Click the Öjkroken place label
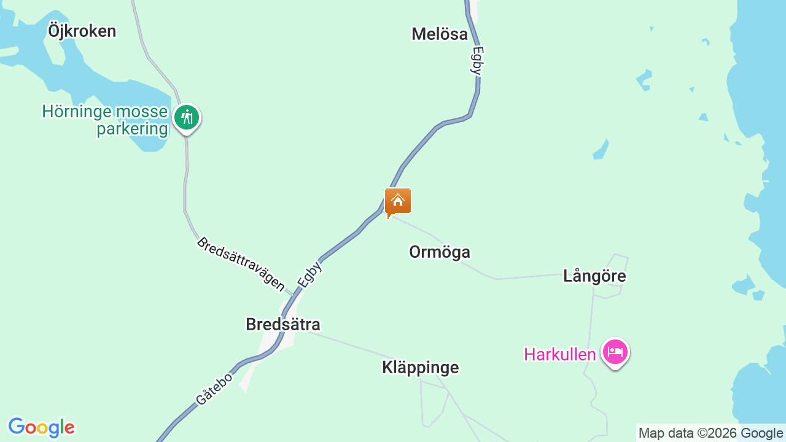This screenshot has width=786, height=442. (x=82, y=31)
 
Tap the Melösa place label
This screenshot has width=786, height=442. (x=440, y=34)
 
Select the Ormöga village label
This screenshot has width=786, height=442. (x=440, y=252)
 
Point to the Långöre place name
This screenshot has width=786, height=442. (x=594, y=276)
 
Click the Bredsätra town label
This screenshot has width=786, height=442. (x=283, y=324)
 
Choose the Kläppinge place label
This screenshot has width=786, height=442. (x=421, y=368)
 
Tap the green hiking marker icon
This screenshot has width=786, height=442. (x=186, y=117)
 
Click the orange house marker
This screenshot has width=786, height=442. (x=398, y=201)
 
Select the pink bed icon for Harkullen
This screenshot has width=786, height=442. (x=615, y=352)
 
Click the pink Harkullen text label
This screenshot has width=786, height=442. (x=560, y=354)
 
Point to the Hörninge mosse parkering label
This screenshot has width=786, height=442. (x=105, y=120)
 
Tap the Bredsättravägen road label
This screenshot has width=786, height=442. (x=241, y=264)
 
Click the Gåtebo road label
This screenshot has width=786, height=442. (x=214, y=389)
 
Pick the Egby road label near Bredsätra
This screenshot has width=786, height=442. (x=310, y=274)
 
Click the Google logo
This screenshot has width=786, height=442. (x=41, y=427)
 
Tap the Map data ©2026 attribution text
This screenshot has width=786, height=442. (x=687, y=433)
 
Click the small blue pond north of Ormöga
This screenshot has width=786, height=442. (x=601, y=149)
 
